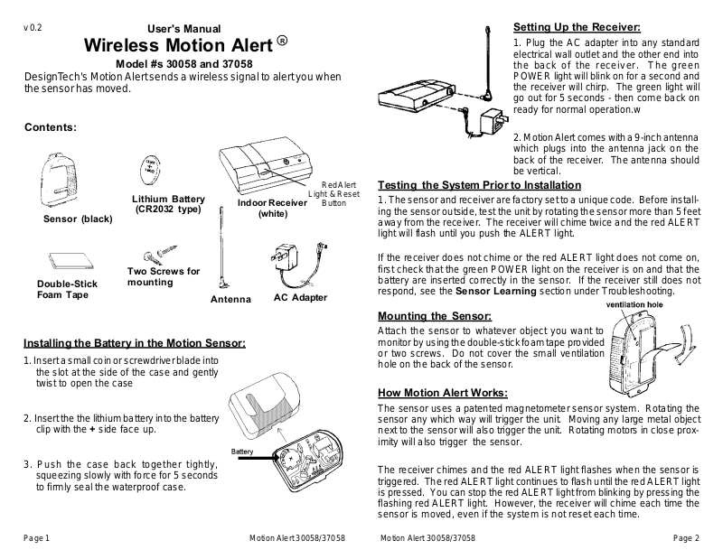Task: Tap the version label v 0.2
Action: coord(33,28)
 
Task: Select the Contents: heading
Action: coord(50,127)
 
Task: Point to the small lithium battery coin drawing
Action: coord(148,169)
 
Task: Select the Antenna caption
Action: coord(230,299)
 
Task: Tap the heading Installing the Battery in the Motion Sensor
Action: coord(134,344)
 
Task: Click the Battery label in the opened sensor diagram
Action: coord(241,451)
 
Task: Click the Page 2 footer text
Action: coord(687,538)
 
